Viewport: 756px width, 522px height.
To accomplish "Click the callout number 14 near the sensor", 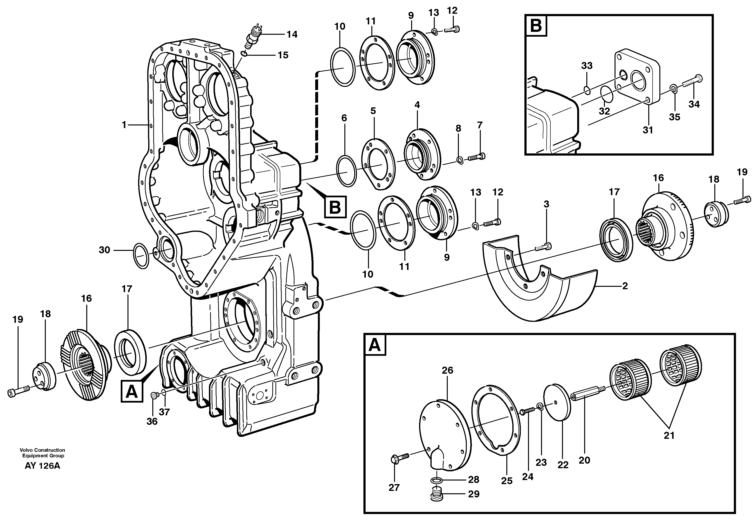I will [292, 34].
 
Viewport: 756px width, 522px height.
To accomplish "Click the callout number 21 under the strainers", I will [669, 435].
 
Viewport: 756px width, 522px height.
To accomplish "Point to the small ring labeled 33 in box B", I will [587, 90].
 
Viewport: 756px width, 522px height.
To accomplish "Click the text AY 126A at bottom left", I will [42, 466].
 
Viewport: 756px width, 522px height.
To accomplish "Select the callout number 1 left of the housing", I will [124, 125].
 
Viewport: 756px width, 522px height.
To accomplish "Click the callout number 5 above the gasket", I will [373, 111].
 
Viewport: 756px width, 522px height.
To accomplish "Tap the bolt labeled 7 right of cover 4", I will [477, 157].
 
